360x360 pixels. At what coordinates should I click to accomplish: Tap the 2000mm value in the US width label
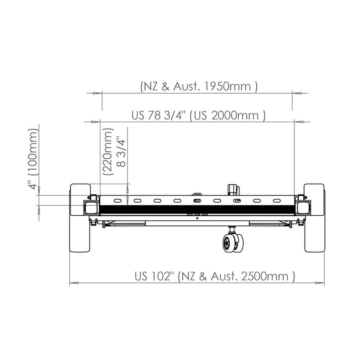point(235,115)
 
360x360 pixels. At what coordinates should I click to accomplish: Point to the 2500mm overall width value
point(265,276)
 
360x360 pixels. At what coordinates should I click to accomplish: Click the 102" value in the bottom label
point(162,276)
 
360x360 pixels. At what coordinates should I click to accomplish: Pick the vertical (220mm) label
point(108,152)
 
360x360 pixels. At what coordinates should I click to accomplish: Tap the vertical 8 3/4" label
point(121,152)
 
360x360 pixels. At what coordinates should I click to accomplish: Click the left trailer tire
point(80,218)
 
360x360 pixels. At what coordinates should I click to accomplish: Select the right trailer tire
point(314,218)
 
